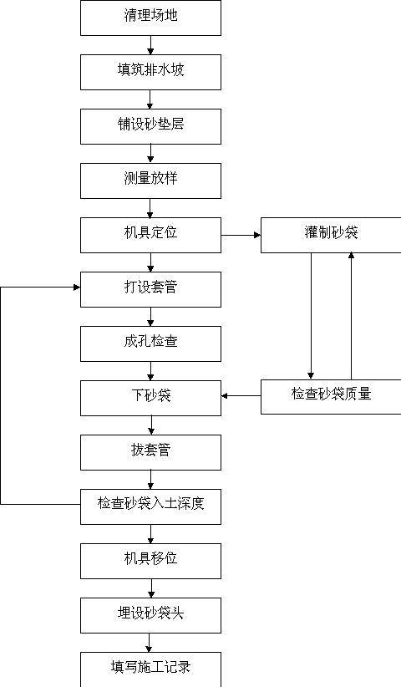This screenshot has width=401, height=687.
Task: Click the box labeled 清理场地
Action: point(150,18)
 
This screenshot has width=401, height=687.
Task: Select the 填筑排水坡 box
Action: point(150,72)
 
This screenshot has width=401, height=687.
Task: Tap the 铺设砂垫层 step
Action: point(150,127)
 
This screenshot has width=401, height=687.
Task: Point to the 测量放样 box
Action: point(150,181)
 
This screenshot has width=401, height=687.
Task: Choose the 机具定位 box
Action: point(150,236)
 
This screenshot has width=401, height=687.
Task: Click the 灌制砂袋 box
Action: point(331,236)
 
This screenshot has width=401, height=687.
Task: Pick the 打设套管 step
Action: point(150,290)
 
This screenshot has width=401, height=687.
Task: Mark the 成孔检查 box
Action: point(150,344)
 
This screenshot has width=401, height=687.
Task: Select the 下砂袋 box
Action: point(150,399)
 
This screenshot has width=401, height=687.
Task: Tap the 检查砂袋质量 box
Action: point(331,397)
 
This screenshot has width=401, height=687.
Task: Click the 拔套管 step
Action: point(150,453)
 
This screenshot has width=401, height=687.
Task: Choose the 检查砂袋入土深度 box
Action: point(150,507)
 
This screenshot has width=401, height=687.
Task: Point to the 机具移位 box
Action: point(150,562)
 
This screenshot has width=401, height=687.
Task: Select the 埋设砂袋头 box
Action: point(150,616)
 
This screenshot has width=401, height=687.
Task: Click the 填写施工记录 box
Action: point(150,669)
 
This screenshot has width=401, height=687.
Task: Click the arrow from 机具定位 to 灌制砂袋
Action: point(241,236)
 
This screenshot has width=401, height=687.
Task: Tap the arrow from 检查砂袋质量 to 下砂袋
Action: point(241,396)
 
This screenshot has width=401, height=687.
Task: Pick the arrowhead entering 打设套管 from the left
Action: point(77,288)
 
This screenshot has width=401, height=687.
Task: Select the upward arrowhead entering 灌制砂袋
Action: point(351,256)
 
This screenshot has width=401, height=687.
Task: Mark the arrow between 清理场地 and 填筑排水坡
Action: point(150,45)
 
